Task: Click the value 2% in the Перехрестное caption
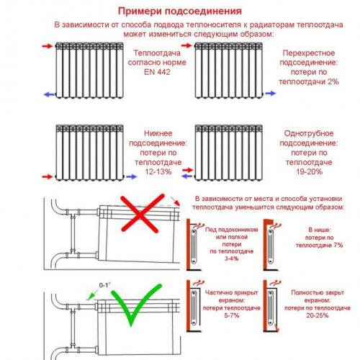coord(332,81)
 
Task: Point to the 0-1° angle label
coord(106,286)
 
